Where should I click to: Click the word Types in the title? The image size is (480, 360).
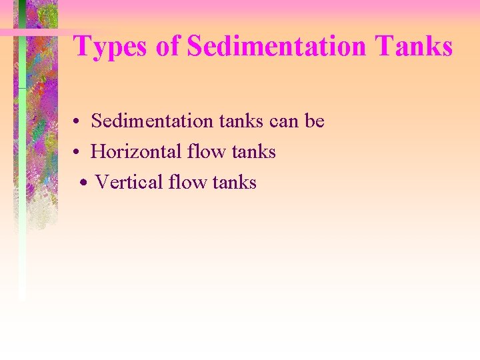point(111,47)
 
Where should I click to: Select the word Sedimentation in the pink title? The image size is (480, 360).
point(276,47)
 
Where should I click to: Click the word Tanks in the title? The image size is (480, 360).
point(414,47)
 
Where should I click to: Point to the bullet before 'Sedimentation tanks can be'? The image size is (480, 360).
point(78,122)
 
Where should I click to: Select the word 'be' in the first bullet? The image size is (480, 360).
point(315,121)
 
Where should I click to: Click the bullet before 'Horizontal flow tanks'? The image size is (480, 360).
point(78,153)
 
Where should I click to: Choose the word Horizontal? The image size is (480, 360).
point(136,152)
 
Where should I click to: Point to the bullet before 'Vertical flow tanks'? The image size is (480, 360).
point(83,183)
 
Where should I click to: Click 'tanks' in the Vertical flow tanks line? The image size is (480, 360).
point(234,182)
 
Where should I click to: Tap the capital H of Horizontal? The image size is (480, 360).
point(97,152)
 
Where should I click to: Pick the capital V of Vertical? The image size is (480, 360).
point(101,182)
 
